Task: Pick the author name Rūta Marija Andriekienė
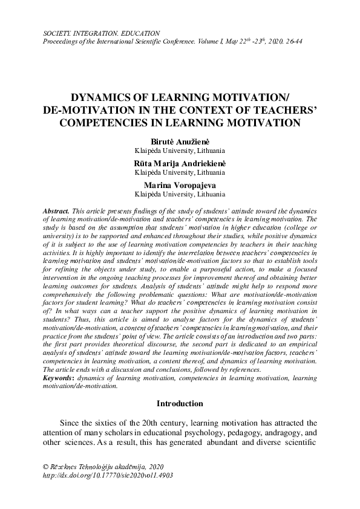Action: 180,163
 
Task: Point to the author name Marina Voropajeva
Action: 180,186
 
